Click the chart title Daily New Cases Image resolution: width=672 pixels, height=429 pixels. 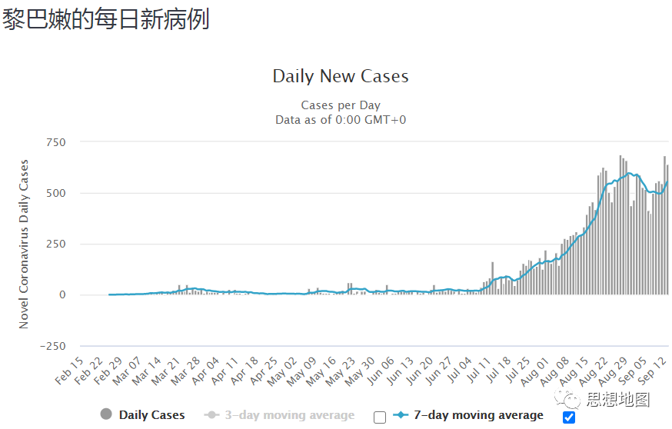(341, 77)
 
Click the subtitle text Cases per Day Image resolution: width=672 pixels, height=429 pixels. (341, 105)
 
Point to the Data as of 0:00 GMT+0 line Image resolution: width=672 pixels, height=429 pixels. (341, 119)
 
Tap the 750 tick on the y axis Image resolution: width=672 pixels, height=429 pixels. (56, 142)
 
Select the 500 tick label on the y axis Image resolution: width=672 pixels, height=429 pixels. (56, 193)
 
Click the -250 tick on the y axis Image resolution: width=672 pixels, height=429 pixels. (52, 346)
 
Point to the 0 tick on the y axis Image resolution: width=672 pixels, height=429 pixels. (62, 295)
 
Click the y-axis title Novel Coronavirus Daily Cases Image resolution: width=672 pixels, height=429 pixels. (24, 244)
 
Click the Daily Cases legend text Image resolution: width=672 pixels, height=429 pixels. (151, 415)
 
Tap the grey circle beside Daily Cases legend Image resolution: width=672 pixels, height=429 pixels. (106, 415)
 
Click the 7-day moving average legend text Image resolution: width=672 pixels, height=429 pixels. (478, 415)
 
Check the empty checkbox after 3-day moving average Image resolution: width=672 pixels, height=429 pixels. (380, 417)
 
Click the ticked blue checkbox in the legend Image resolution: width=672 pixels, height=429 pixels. (569, 417)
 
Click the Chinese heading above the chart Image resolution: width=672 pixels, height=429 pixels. (105, 20)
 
